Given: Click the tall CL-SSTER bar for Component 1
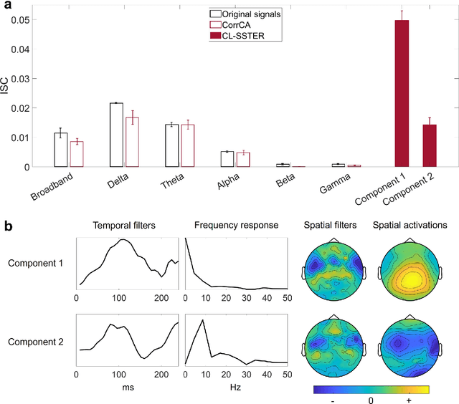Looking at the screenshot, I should (402, 93).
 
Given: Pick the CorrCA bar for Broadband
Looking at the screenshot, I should (77, 154).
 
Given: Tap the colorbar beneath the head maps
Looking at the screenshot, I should (370, 391).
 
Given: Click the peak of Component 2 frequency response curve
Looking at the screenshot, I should (203, 320).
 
